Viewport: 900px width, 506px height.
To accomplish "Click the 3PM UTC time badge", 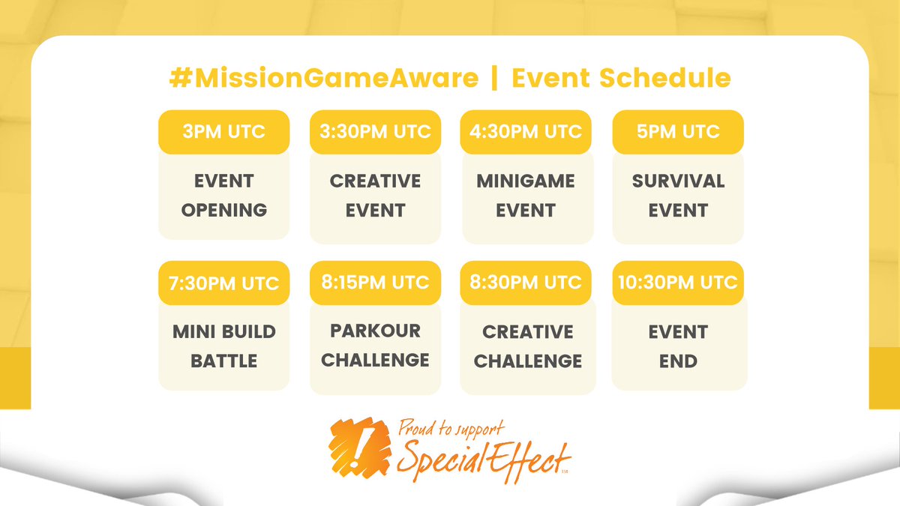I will [223, 132].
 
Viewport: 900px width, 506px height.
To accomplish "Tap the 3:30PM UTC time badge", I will [375, 132].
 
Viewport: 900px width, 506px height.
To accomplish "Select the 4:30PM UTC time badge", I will [526, 132].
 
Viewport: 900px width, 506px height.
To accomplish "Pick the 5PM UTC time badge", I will [678, 132].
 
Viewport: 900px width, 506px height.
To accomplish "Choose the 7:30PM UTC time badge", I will [223, 283].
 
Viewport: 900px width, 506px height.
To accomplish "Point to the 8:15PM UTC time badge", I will [375, 283].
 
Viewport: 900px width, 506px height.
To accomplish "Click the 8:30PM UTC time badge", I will [526, 283].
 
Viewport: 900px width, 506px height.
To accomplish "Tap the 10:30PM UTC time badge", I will [678, 283].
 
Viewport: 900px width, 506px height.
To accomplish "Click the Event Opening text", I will [223, 196].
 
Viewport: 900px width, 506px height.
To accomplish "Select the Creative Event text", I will [375, 196].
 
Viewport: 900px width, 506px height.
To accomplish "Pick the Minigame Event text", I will [526, 196].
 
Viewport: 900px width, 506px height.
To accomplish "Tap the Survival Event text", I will [678, 196].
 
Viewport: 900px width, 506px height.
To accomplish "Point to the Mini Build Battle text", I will [223, 346].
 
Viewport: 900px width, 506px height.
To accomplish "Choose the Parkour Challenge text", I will [375, 345].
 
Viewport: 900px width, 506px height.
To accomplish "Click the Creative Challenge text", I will [527, 346].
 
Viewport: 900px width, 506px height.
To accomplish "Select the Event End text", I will [678, 346].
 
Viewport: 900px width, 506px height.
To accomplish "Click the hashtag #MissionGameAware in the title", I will [322, 79].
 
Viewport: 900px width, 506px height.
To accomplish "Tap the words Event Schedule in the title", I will [621, 79].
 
